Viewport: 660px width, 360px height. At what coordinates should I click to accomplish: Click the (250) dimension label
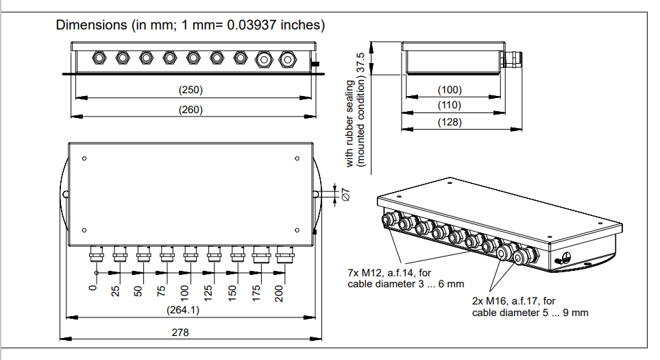191,90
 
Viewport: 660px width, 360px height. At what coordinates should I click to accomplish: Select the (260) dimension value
191,110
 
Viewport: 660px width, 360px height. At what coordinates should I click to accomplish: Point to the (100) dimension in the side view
450,90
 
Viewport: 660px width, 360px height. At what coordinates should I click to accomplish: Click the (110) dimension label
450,106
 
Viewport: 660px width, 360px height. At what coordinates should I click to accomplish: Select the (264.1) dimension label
183,310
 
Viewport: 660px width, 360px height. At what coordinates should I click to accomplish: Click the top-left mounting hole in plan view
84,159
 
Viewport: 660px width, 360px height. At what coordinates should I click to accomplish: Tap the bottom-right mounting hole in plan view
297,230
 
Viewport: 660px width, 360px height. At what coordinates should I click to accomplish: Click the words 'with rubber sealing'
350,123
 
